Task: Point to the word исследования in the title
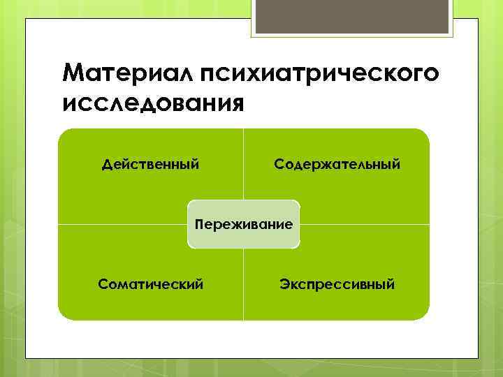(x=153, y=103)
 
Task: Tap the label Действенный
(x=150, y=165)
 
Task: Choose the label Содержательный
(x=337, y=165)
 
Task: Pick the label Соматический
(x=151, y=284)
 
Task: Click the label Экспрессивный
(x=337, y=284)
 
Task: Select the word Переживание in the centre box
(x=244, y=225)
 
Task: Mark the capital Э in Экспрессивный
(x=284, y=284)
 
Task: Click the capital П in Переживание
(x=200, y=224)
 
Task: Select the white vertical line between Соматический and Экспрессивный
(x=244, y=286)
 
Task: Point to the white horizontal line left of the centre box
(x=122, y=224)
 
